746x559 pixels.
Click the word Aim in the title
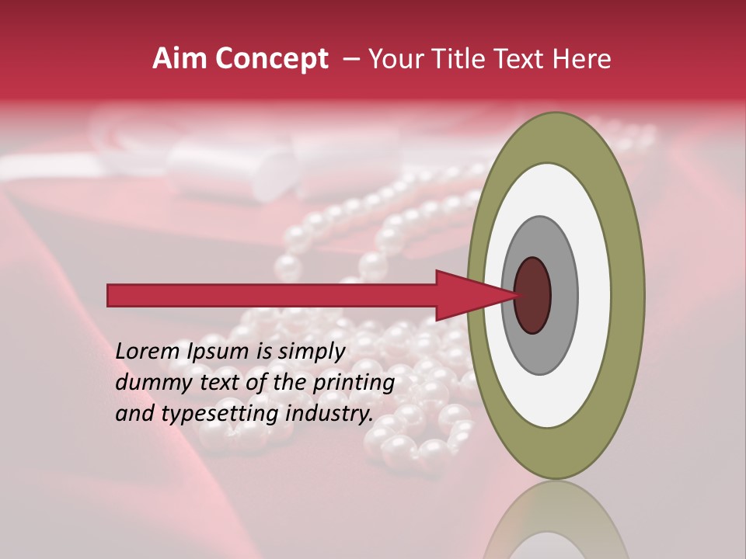click(180, 59)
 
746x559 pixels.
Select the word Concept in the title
click(270, 60)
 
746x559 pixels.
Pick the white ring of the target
click(594, 296)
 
